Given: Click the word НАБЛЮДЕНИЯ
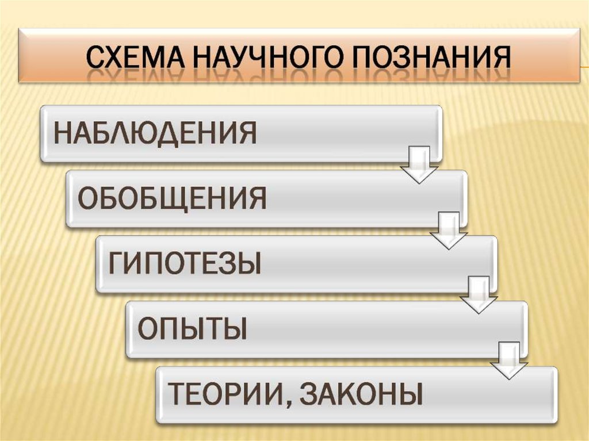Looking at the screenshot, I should tap(155, 133).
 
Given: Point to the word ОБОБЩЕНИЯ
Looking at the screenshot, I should tap(172, 198).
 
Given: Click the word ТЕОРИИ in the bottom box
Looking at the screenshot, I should tap(225, 395).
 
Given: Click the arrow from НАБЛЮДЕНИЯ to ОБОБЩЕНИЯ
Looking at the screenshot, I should tap(419, 165).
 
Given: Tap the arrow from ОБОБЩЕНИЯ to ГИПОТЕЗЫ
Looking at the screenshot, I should tap(449, 231).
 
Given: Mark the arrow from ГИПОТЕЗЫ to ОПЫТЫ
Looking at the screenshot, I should tap(478, 296).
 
